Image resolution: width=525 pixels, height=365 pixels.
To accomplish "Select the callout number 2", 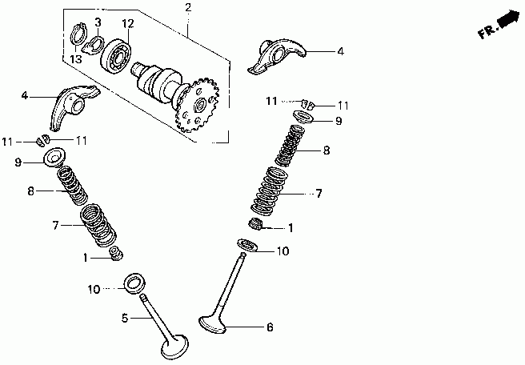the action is point(188,8).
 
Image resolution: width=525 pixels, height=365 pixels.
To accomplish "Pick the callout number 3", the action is point(97,22).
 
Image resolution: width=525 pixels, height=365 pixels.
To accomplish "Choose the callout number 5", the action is point(125,318).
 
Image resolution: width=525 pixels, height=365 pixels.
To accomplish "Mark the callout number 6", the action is point(270,327).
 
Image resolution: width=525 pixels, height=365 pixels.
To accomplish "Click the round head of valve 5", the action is point(174,349).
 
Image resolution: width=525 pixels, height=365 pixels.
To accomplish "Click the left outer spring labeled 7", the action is point(98,225).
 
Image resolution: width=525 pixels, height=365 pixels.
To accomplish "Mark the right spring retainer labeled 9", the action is point(302,118).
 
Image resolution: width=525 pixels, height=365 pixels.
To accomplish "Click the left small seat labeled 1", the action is point(116,255).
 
